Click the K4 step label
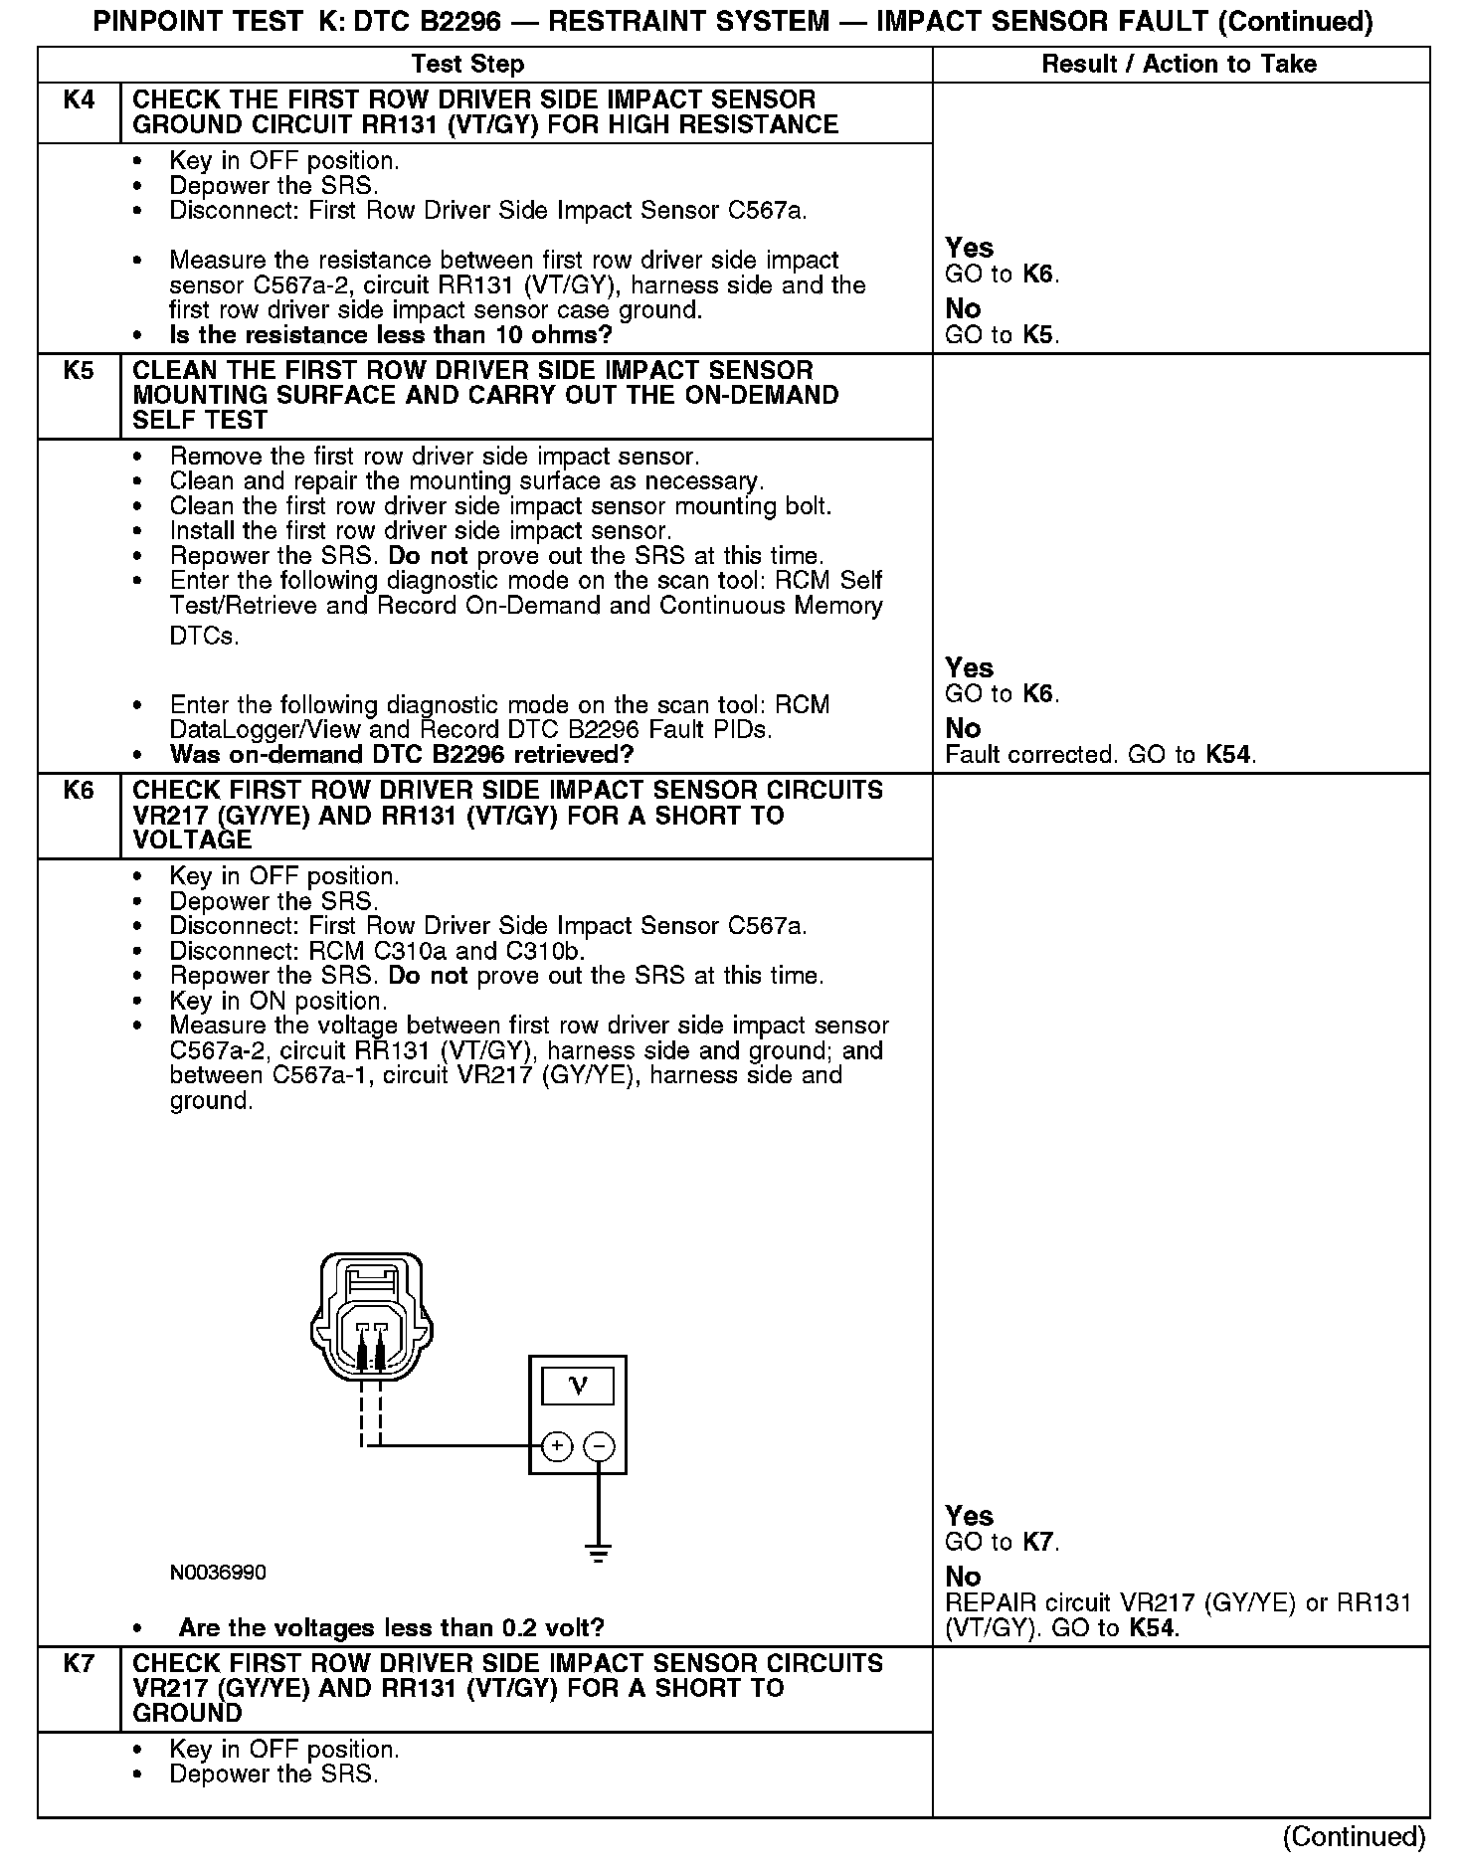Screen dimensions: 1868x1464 click(79, 100)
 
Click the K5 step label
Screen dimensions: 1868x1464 click(79, 371)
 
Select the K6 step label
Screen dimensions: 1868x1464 click(79, 791)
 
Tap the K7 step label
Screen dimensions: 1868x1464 click(79, 1663)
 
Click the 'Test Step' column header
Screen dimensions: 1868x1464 click(467, 65)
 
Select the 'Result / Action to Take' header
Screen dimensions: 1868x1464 click(1179, 65)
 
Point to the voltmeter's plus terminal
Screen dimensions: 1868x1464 click(557, 1446)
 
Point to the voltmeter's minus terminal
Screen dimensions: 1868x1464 click(599, 1446)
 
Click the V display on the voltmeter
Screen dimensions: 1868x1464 click(578, 1386)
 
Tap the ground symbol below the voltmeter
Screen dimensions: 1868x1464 click(599, 1552)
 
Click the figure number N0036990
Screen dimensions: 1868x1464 click(218, 1573)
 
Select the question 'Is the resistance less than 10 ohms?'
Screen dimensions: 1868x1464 click(391, 335)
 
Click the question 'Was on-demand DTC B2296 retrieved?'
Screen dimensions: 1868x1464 click(402, 755)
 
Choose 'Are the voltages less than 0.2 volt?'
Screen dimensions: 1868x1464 click(391, 1628)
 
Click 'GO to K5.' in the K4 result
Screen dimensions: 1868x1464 click(1002, 335)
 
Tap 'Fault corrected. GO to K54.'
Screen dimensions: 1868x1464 click(1100, 755)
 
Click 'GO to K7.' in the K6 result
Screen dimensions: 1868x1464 click(1002, 1543)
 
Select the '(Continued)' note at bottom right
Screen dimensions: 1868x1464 click(1355, 1836)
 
